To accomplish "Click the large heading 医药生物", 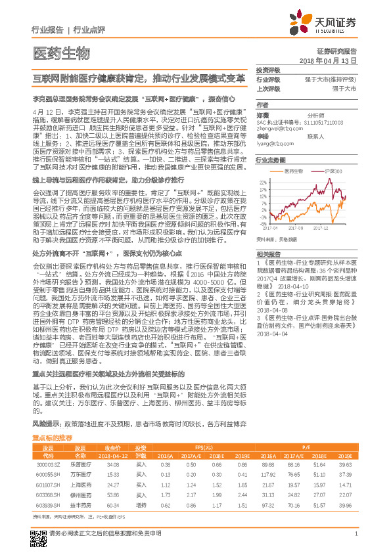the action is point(60,53).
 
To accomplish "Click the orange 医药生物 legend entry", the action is point(292,170).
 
